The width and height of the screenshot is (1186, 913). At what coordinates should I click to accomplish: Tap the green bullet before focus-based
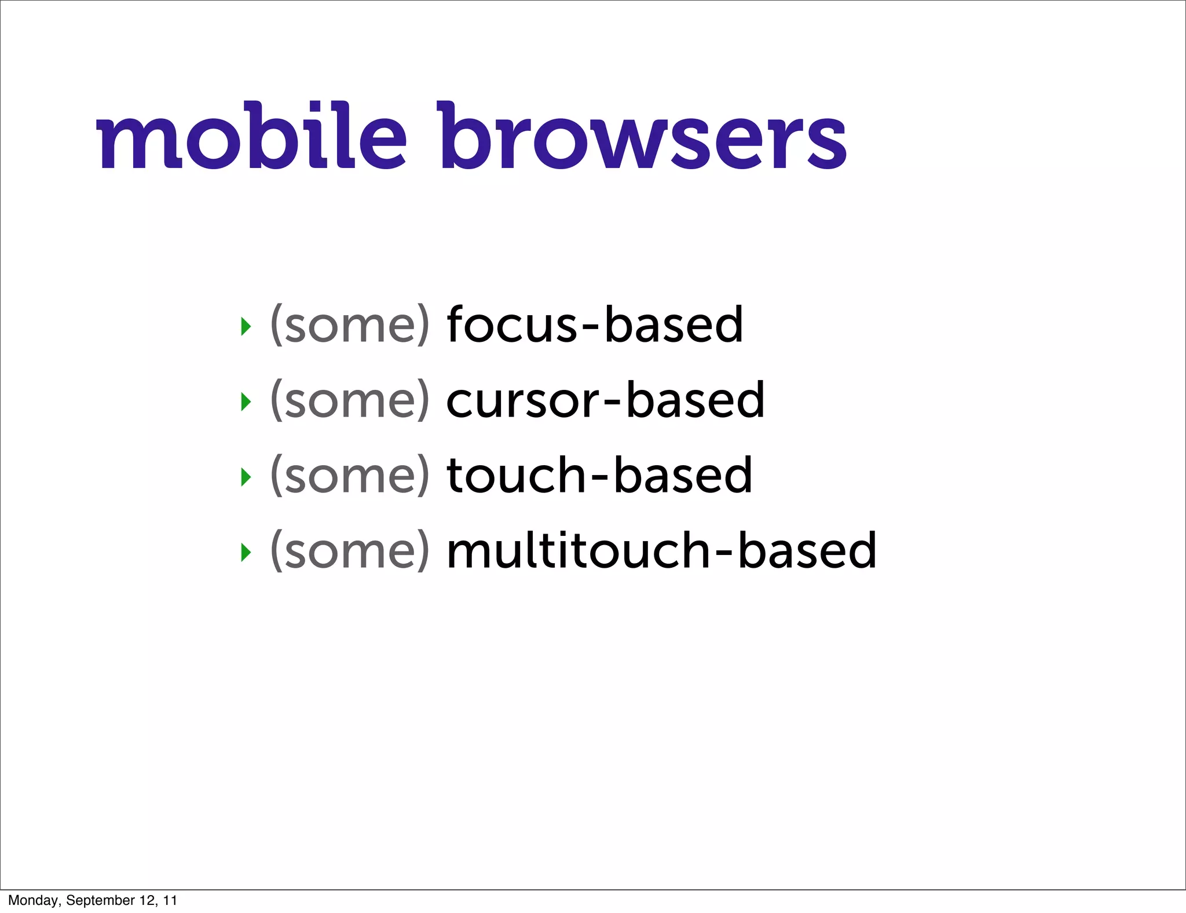[x=246, y=326]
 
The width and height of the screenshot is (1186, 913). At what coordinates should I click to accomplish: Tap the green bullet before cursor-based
[x=246, y=401]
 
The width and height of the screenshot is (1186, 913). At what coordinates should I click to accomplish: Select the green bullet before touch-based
[x=246, y=477]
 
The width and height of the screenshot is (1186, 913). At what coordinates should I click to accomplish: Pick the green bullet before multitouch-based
[x=246, y=552]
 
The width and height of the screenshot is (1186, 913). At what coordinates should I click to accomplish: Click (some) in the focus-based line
[x=350, y=325]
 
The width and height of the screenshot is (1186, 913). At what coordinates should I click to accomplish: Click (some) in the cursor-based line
[x=350, y=400]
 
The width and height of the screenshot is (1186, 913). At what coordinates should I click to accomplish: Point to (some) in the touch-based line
[x=350, y=476]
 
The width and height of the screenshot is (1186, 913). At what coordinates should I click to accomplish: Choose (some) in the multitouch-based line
[x=350, y=551]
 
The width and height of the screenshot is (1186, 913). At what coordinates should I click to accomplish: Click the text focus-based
[x=595, y=324]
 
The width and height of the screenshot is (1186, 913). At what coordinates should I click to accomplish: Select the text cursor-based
[x=605, y=400]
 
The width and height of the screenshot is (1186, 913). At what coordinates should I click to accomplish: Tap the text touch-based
[x=599, y=475]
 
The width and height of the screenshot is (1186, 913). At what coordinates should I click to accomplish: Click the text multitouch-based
[x=661, y=550]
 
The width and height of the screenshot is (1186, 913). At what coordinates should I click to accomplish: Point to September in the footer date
[x=100, y=900]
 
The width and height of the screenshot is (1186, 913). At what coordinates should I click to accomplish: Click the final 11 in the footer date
[x=170, y=900]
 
